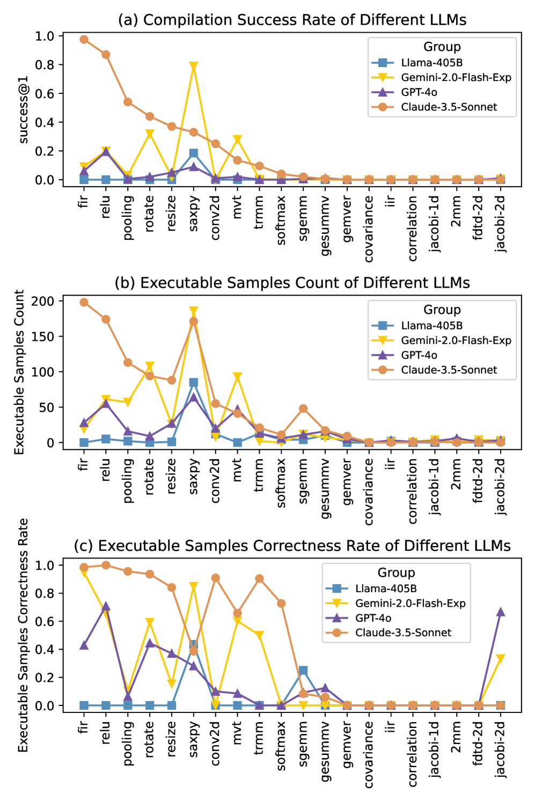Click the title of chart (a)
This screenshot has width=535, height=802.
click(x=292, y=20)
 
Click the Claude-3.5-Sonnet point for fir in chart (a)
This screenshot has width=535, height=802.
click(x=84, y=39)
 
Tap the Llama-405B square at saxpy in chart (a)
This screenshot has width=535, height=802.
click(x=194, y=153)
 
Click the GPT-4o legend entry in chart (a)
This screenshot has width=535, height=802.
click(x=419, y=92)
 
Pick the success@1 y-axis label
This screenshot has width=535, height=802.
click(x=24, y=110)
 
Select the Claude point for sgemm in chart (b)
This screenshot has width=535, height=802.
click(x=303, y=409)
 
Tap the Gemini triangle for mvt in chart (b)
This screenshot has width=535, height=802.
click(x=237, y=377)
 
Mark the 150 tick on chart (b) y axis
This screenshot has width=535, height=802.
click(x=43, y=336)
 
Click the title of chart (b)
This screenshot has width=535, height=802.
click(x=292, y=283)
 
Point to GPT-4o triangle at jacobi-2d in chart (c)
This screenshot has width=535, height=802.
click(x=501, y=612)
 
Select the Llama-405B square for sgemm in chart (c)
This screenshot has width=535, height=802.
click(x=303, y=671)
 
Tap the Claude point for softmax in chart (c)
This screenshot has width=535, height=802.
click(x=281, y=604)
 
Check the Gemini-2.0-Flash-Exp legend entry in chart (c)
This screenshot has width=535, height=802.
click(x=410, y=604)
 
